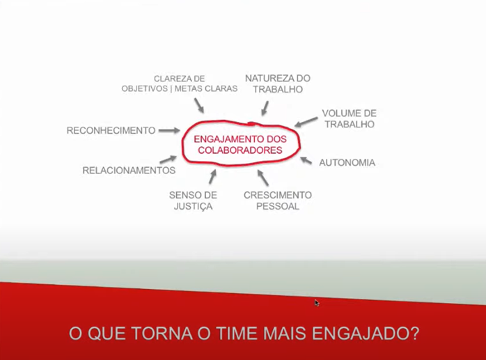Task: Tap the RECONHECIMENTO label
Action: click(x=111, y=130)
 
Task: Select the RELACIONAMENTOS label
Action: click(x=129, y=170)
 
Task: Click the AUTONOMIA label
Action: click(x=347, y=163)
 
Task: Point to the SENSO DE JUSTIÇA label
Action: click(x=193, y=201)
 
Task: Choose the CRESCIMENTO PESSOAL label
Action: click(x=277, y=201)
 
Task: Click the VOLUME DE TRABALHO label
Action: click(x=348, y=118)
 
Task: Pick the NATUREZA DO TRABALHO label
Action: click(x=277, y=84)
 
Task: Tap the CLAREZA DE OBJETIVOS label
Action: click(x=179, y=84)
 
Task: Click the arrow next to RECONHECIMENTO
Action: click(x=168, y=130)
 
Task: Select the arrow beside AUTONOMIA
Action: click(x=306, y=160)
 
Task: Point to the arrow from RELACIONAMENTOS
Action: click(x=168, y=160)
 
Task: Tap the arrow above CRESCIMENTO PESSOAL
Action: click(x=262, y=177)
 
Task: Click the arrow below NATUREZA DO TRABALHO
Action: click(x=264, y=107)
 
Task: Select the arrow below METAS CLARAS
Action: click(x=199, y=105)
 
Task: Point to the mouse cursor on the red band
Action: click(x=317, y=303)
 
